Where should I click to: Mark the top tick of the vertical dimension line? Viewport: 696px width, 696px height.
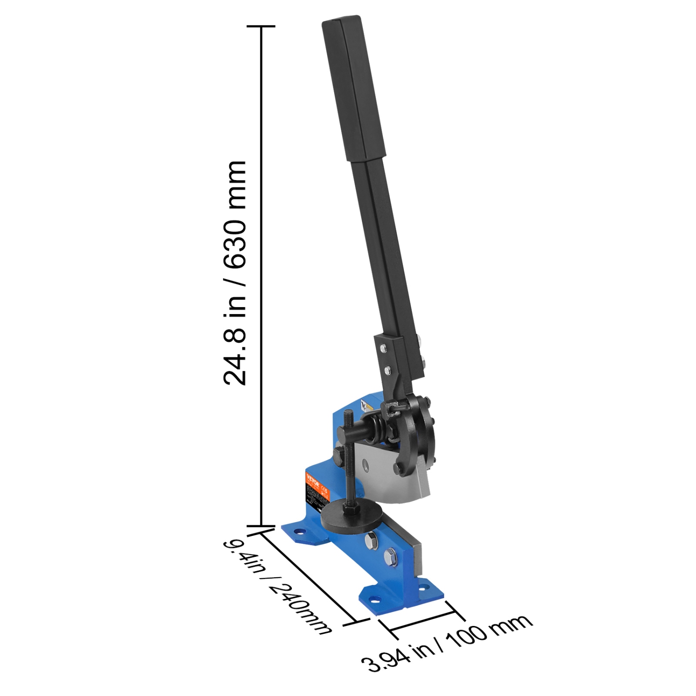point(261,26)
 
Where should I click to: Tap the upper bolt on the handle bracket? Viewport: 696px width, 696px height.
point(382,348)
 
